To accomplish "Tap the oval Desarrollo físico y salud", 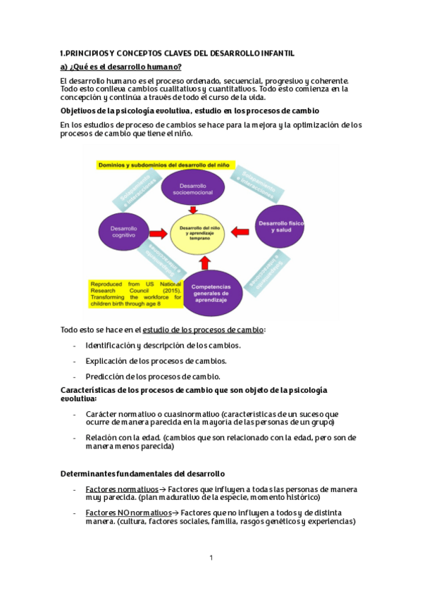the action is [281, 225].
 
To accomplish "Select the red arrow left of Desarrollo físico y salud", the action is [241, 230].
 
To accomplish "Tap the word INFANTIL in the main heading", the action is [275, 54].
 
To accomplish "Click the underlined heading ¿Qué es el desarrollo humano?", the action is [120, 67].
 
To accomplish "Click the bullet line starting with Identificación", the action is [163, 346].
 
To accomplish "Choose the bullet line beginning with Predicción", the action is [153, 376].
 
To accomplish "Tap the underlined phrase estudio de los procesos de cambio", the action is [203, 329].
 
